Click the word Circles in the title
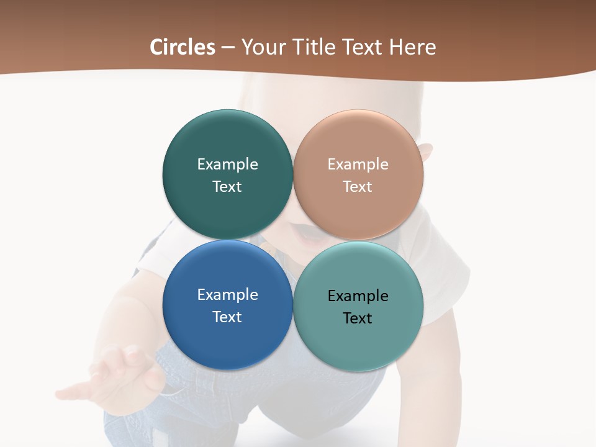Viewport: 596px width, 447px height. click(x=183, y=47)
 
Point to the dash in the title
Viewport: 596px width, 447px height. click(x=228, y=48)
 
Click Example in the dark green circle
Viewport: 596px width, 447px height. click(x=227, y=165)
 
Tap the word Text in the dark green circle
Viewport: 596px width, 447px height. click(x=227, y=187)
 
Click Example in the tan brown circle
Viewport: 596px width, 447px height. click(x=358, y=165)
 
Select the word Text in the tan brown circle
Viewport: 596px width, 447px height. click(x=358, y=187)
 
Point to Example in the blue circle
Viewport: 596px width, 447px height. click(x=227, y=295)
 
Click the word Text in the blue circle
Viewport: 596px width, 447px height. click(x=227, y=317)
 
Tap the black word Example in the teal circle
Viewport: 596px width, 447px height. click(x=358, y=296)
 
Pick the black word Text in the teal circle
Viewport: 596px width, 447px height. click(x=358, y=318)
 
